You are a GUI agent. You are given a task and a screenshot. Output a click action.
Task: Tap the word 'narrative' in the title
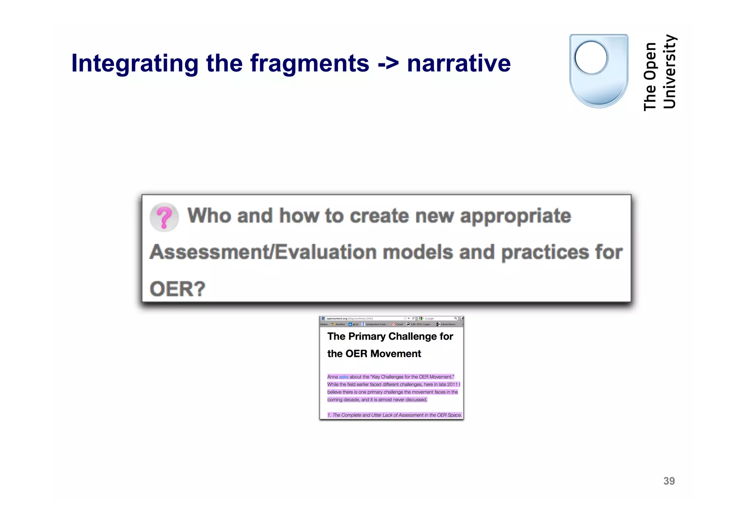click(459, 64)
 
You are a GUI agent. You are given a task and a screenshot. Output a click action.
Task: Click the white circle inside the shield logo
click(590, 58)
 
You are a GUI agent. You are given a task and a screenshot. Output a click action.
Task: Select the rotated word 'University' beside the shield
click(670, 72)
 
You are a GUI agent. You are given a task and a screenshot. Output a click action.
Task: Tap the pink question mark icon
click(164, 217)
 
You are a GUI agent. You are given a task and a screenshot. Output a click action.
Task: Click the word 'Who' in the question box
click(209, 216)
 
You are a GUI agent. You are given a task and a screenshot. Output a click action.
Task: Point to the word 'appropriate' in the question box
click(515, 216)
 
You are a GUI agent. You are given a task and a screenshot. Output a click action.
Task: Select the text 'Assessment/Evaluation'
click(262, 252)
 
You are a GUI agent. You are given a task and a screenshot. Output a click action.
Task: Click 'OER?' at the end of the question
click(177, 289)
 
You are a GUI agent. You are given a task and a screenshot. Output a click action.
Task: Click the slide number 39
click(669, 481)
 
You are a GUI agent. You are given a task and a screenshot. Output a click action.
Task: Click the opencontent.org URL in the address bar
click(349, 318)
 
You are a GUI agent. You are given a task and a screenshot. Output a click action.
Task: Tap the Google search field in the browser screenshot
click(439, 318)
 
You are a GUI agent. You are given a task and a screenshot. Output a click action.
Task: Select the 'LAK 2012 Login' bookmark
click(421, 324)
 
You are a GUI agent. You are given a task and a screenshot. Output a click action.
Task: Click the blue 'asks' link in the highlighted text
click(343, 377)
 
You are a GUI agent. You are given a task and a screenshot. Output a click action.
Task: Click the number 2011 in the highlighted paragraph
click(452, 385)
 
